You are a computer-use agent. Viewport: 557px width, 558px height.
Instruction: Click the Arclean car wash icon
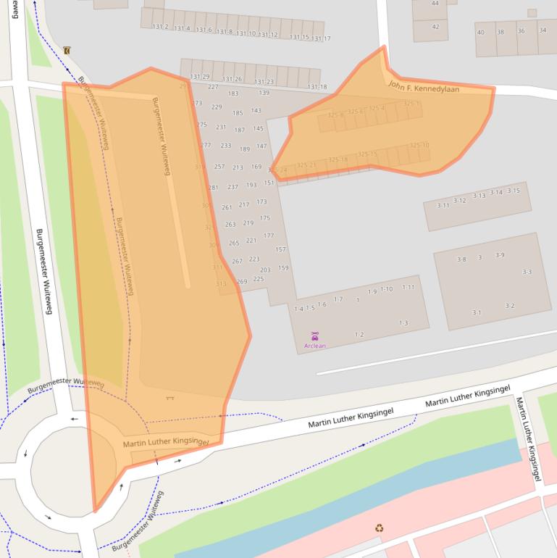pos(314,335)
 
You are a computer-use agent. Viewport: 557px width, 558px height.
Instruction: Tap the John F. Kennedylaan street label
pos(424,87)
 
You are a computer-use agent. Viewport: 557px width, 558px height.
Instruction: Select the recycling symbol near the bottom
pos(379,528)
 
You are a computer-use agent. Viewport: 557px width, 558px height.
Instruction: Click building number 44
pos(435,4)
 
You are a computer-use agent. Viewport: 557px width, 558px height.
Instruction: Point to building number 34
pos(543,30)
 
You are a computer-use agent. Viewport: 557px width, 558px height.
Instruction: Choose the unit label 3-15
pos(514,191)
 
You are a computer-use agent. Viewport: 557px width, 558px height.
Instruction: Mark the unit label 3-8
pos(461,259)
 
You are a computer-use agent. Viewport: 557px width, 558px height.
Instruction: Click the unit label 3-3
pos(527,272)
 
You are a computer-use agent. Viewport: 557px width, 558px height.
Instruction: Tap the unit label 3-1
pos(477,312)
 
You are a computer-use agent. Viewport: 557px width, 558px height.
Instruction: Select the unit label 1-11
pos(409,288)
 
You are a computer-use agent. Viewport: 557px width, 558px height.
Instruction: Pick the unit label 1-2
pos(359,334)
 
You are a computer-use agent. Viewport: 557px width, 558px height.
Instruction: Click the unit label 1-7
pos(338,299)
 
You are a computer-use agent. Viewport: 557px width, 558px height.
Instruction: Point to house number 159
pos(283,268)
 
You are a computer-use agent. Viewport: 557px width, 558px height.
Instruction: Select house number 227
pos(213,87)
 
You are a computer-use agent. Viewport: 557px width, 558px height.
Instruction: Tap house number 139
pos(264,93)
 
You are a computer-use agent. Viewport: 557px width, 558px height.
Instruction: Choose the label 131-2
pos(160,27)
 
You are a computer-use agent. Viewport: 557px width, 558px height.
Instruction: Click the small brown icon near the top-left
pos(67,50)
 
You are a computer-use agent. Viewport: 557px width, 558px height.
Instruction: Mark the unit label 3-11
pos(443,205)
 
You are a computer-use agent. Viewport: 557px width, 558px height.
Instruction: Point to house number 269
pos(242,281)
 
